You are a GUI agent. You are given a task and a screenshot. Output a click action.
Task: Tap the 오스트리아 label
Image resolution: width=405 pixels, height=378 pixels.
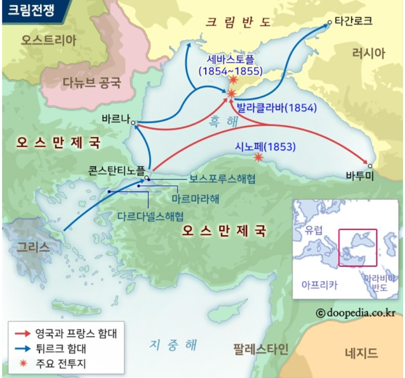coord(49,40)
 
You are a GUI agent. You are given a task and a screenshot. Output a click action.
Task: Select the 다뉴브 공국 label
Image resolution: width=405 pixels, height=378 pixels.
coord(92,82)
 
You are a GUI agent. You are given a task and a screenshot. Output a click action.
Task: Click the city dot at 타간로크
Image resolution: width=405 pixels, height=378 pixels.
coord(330,23)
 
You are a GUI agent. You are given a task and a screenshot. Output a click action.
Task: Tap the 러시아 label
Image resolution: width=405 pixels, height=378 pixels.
coord(369,52)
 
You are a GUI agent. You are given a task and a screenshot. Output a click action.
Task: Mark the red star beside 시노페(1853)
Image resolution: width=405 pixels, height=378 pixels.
coord(258,157)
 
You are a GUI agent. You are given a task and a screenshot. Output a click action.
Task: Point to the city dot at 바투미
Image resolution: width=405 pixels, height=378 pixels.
coord(370,163)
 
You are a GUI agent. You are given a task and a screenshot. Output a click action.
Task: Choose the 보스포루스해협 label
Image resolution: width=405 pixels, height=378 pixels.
coord(222,179)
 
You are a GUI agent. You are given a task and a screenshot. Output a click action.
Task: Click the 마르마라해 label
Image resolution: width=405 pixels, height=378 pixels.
coord(195,199)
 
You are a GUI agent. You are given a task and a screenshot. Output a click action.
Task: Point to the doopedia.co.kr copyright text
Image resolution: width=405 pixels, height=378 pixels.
coord(356,313)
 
